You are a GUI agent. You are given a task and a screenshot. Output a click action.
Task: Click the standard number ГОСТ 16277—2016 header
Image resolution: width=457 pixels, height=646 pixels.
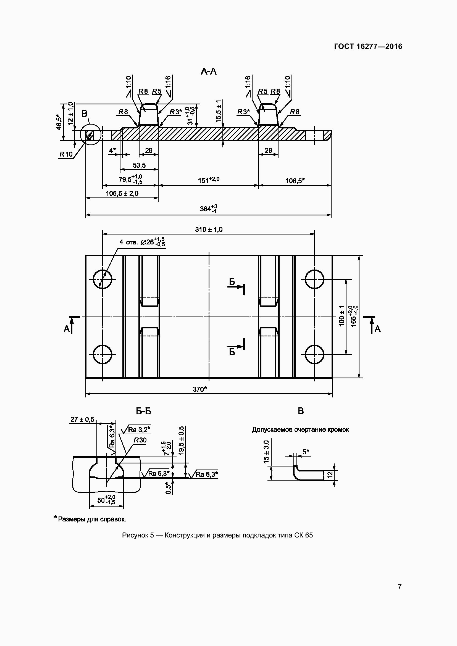click(x=368, y=46)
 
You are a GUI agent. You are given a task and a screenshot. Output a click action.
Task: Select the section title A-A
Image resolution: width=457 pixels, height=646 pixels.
click(x=209, y=72)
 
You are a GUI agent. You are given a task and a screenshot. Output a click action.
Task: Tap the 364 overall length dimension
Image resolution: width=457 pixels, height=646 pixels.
click(x=209, y=209)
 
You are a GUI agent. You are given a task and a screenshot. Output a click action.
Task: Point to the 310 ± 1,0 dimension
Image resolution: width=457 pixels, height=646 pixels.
click(x=209, y=230)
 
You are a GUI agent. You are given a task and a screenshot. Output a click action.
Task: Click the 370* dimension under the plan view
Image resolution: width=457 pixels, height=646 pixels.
click(x=200, y=389)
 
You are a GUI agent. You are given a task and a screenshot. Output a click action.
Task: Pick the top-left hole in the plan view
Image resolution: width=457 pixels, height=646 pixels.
click(x=103, y=279)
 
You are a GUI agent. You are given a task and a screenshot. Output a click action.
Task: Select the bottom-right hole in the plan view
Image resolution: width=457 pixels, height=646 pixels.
click(x=315, y=354)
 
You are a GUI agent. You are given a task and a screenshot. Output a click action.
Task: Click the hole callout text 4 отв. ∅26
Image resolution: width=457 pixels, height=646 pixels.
click(x=142, y=242)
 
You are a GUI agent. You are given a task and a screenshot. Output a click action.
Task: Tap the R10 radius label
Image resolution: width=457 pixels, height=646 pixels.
click(x=66, y=154)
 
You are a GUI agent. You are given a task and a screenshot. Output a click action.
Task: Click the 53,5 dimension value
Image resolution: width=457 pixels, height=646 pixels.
click(x=139, y=165)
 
